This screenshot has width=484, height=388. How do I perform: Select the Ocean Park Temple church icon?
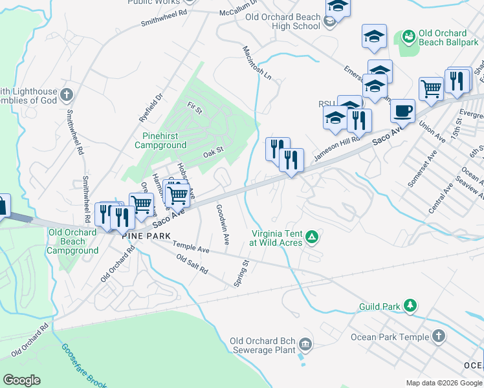coord(439,336)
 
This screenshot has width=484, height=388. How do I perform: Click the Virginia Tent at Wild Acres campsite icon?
coord(312,237)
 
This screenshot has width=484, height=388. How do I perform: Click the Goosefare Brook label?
coord(83,365)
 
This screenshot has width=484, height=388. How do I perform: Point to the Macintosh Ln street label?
coord(257,62)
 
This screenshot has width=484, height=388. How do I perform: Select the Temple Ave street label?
coord(191,248)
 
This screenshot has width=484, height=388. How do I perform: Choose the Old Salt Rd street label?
coord(192,264)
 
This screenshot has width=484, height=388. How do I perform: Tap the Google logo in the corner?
coord(21,380)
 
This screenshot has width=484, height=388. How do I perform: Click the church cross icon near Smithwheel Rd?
coord(67,96)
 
